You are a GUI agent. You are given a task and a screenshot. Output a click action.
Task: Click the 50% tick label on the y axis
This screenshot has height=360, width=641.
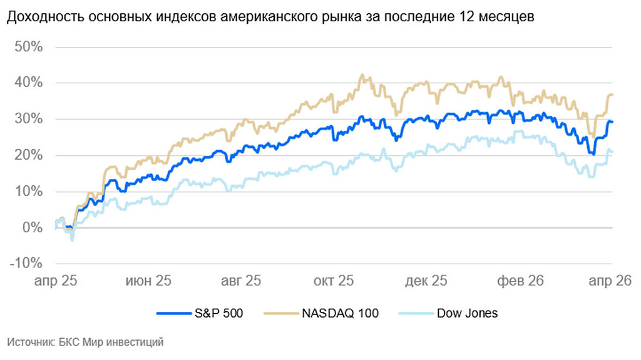[29, 47]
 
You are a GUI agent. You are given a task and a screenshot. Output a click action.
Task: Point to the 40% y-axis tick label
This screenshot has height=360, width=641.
[29, 83]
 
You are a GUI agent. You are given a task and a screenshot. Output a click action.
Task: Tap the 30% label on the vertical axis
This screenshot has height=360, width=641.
[29, 119]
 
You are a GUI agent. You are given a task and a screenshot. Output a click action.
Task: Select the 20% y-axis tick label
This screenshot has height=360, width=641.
[29, 155]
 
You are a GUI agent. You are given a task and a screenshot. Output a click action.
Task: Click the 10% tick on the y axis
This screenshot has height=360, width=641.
[29, 192]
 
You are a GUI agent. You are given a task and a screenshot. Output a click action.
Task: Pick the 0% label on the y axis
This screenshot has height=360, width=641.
[33, 228]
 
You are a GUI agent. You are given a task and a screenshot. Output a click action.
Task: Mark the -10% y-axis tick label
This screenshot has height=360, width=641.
[26, 264]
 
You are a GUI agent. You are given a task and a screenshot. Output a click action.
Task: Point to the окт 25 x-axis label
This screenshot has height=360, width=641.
[335, 280]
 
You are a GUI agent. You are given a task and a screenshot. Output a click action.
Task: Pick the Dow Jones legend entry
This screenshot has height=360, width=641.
[467, 313]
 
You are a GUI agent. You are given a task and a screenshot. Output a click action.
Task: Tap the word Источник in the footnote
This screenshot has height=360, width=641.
[29, 342]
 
